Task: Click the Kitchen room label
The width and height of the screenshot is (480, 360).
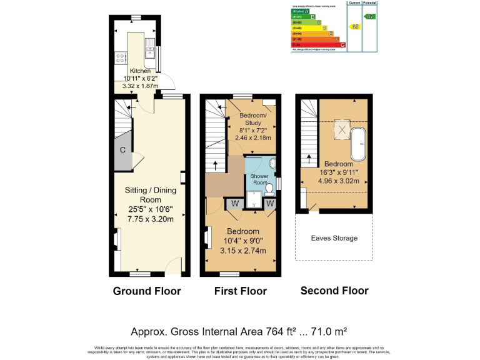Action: tap(140, 71)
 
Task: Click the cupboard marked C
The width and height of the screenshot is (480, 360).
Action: tap(123, 150)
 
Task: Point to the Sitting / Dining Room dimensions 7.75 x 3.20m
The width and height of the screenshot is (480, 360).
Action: tap(151, 219)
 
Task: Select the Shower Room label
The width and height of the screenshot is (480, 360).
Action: tap(259, 180)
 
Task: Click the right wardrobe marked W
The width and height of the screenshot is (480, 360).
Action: tap(270, 202)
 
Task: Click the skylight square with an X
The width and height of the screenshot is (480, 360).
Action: tap(342, 129)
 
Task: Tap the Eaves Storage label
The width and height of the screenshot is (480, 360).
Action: tap(334, 238)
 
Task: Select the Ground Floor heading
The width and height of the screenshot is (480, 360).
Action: tap(147, 291)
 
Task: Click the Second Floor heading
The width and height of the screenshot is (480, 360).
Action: tap(334, 290)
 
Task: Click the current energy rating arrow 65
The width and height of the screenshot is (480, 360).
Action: tap(356, 27)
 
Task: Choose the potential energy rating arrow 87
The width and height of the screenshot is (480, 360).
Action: tap(371, 16)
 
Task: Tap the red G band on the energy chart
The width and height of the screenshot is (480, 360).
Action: tap(319, 44)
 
